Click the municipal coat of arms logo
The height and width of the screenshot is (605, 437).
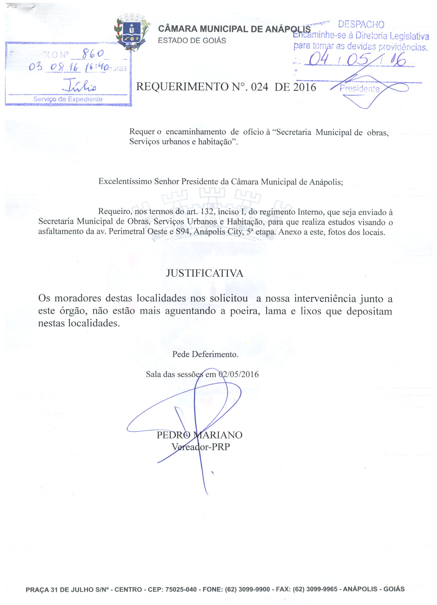coord(132,33)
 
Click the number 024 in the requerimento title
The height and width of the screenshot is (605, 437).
coord(259,87)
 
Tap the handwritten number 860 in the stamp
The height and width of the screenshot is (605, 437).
coord(92,54)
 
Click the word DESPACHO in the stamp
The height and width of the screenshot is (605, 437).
coord(361,24)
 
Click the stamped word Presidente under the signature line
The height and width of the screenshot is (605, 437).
coord(359,89)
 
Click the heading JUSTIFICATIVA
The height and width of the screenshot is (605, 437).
coord(205,273)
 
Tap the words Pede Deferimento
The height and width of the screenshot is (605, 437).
coord(205,354)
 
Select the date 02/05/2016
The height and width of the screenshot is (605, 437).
coord(239,374)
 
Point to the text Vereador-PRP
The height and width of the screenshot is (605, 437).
coord(200,447)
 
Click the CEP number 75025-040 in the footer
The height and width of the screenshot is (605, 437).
coord(181,589)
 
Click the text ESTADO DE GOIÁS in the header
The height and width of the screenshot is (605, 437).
coord(192,40)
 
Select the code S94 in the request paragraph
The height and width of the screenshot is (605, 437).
coord(183,231)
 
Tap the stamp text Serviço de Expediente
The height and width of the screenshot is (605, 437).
coord(68,99)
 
